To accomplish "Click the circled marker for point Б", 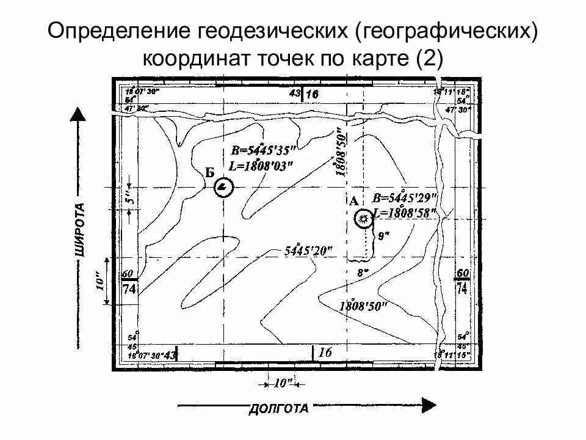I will coord(224,186).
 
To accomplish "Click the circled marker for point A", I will coord(364,218).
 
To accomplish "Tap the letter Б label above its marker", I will coord(209,172).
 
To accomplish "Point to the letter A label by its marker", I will coord(353,200).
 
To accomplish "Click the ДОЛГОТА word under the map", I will coord(279,409).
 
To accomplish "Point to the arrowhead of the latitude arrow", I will coord(78,113).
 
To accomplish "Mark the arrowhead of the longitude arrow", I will coord(429,405).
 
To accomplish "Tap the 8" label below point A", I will coord(363,273).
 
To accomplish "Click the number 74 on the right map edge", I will coord(462,288).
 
